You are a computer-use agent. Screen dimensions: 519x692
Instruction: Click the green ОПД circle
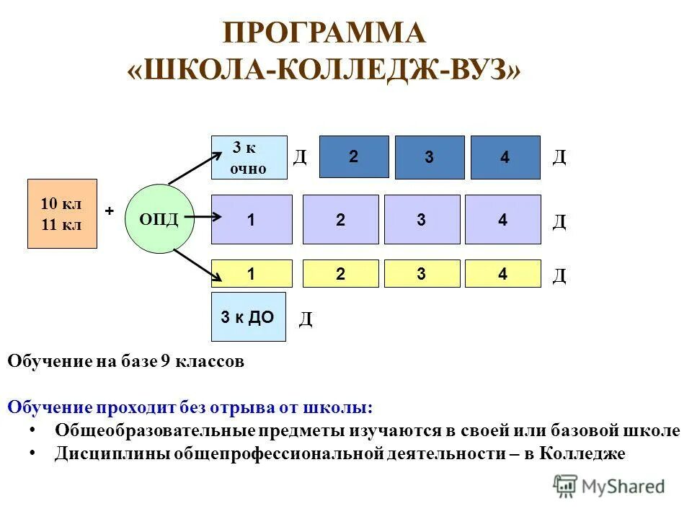coord(159,218)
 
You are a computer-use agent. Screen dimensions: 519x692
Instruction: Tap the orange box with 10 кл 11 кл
coord(62,214)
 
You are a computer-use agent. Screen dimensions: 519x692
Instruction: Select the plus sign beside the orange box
coord(110,210)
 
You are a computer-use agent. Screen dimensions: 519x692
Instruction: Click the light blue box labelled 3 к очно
coord(249,157)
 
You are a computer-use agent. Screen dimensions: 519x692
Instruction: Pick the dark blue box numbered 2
coord(354,156)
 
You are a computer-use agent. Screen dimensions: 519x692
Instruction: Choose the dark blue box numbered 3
coord(430,158)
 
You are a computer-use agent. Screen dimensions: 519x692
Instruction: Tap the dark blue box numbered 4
coord(505,158)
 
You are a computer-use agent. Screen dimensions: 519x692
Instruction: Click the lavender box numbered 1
coord(252,220)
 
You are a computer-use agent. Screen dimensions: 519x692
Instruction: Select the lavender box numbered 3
coord(422,220)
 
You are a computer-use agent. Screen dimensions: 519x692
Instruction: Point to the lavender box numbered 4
coord(502,220)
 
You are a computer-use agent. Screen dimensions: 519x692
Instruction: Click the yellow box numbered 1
coord(252,274)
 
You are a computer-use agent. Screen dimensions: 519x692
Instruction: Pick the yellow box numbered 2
coord(340,274)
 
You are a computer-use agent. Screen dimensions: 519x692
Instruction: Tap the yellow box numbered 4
coord(502,274)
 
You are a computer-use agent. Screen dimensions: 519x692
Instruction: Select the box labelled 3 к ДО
coord(248,316)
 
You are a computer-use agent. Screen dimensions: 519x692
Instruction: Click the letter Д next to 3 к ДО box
coord(306,319)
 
